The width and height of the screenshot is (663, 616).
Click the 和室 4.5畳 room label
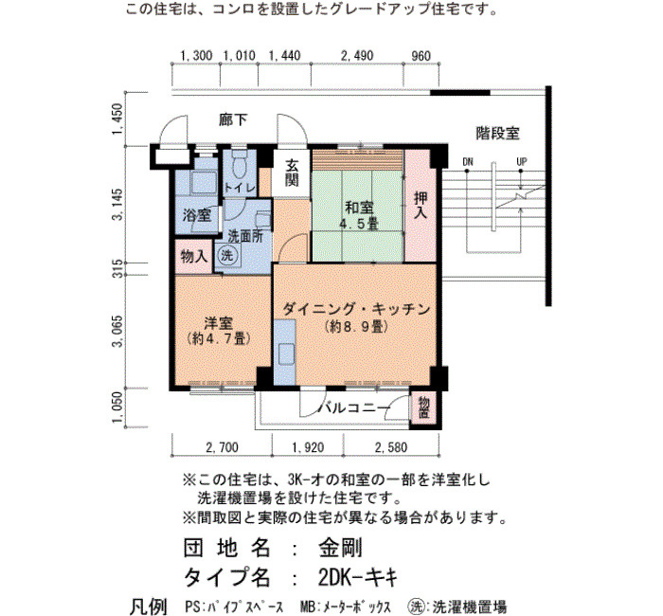[359, 215]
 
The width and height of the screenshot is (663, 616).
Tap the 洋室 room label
[219, 323]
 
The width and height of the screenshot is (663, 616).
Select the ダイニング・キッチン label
[356, 309]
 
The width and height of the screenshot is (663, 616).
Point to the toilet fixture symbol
[240, 164]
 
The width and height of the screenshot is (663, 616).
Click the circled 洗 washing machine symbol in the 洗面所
[227, 255]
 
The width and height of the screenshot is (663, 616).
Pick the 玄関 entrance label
[292, 172]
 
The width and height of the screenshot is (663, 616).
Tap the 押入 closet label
[421, 206]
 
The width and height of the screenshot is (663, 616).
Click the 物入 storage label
[193, 256]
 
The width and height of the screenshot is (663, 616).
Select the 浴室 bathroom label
[197, 215]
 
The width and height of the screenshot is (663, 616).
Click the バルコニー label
[353, 408]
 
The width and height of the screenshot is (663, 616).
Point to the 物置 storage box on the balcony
[424, 407]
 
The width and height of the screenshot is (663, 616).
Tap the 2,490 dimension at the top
[357, 56]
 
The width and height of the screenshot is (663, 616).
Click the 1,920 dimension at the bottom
[308, 447]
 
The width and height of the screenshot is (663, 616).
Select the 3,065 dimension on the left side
[117, 331]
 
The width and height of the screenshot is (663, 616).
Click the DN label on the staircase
[468, 162]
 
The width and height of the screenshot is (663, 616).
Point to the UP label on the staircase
[521, 162]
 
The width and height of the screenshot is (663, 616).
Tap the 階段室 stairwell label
[497, 134]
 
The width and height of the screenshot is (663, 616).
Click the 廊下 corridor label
[233, 120]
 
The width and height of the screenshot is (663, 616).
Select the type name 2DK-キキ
[358, 576]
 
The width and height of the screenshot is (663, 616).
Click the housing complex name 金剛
[340, 549]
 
